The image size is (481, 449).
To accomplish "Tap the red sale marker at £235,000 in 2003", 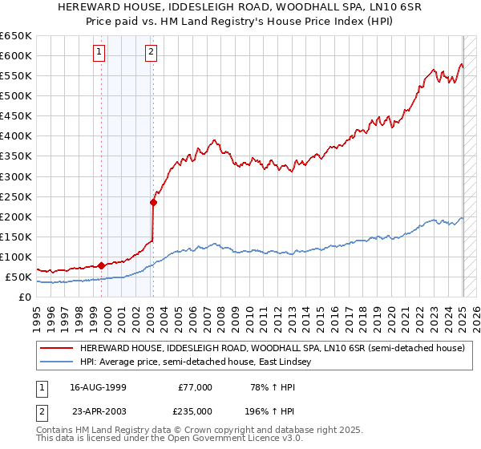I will point(153,202).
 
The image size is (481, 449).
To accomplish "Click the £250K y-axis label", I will point(16,196).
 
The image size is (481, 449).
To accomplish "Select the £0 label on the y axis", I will point(25,297).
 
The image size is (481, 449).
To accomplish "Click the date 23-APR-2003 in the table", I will point(98,410).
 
